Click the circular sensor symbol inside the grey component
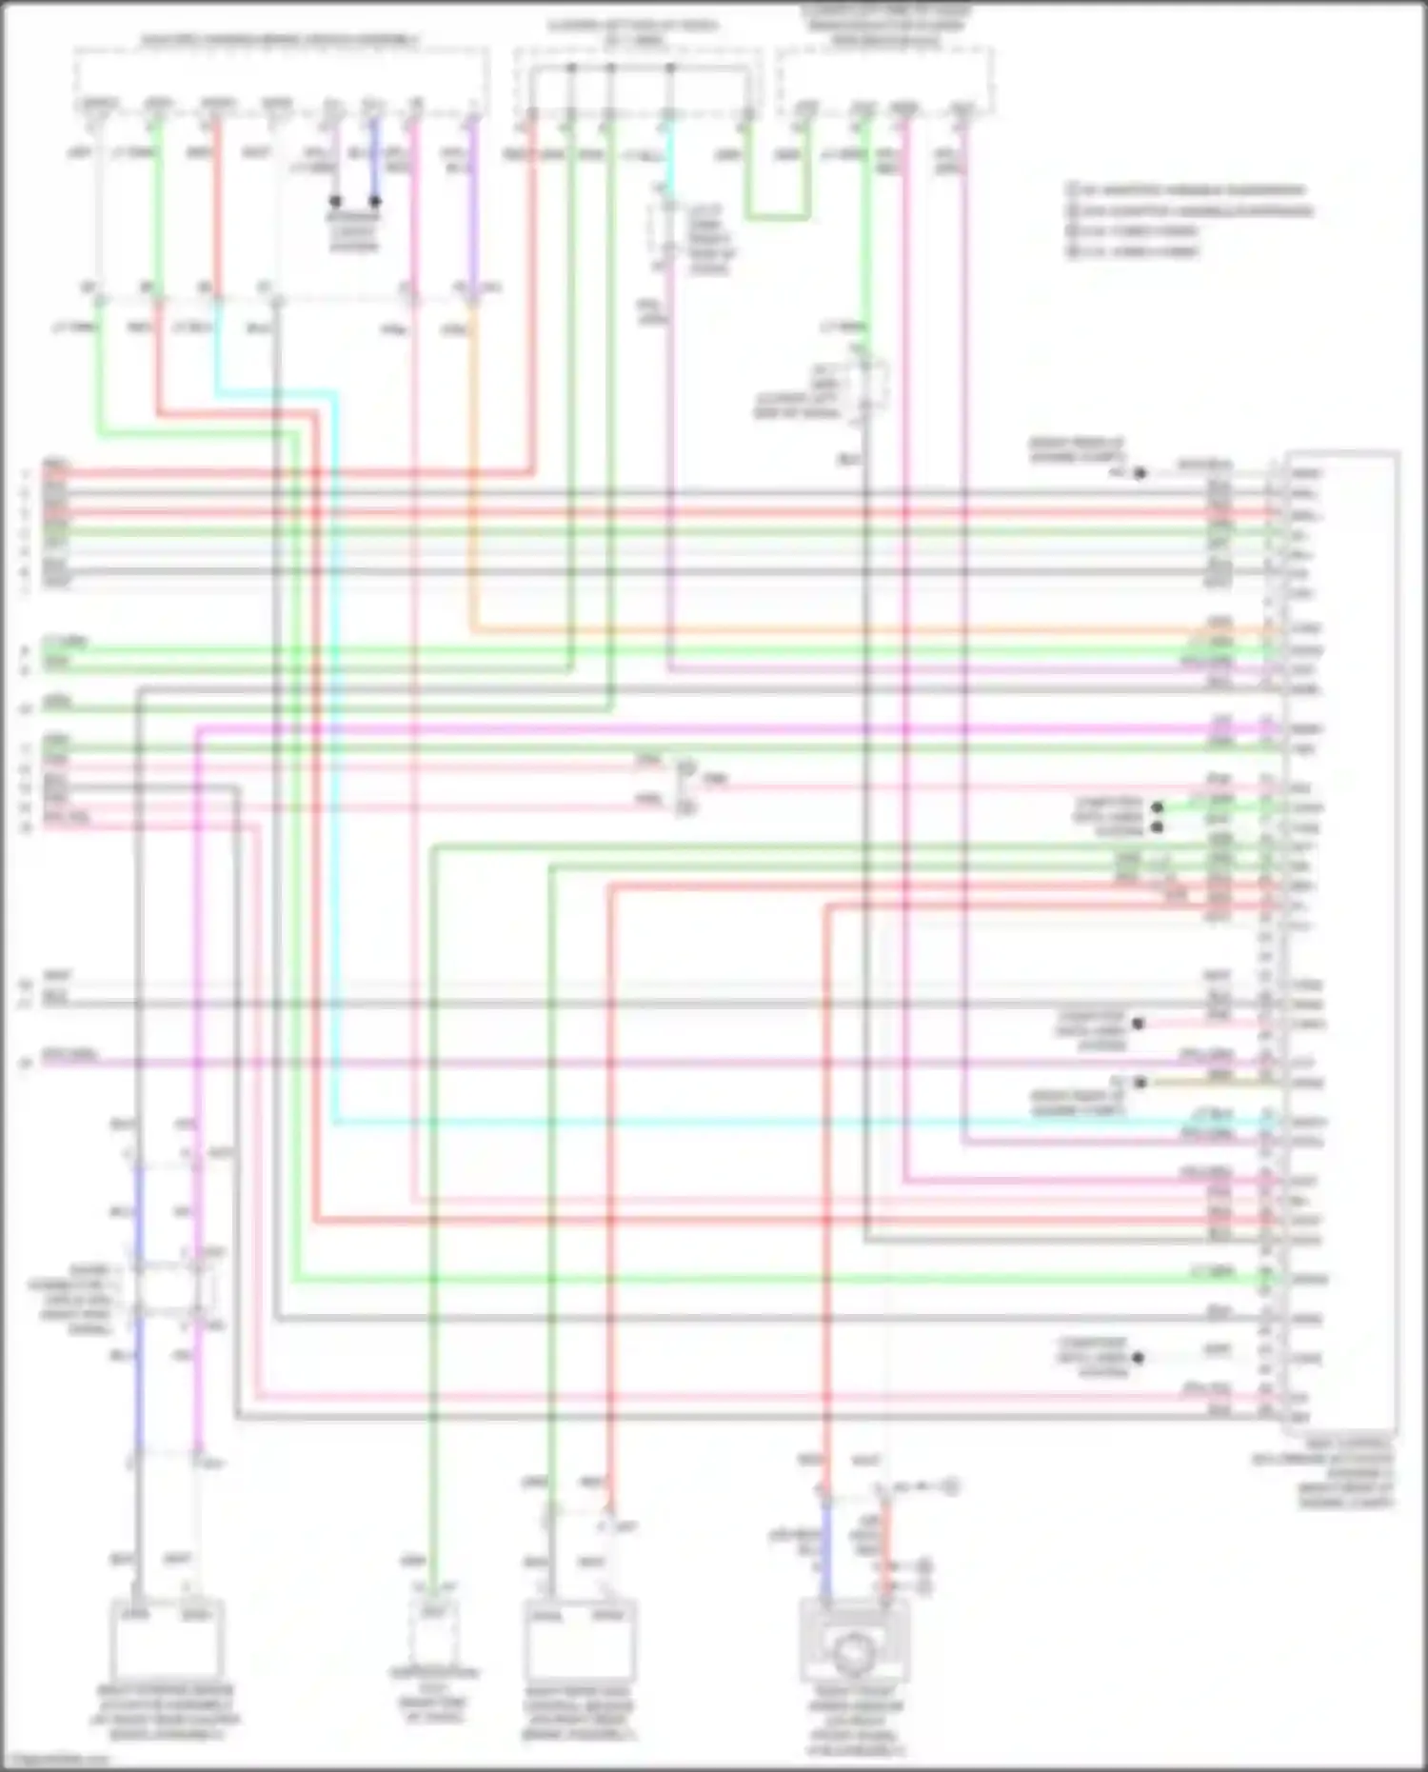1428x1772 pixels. click(853, 1654)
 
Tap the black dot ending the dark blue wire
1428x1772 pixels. click(375, 202)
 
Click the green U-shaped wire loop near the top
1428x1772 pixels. click(777, 218)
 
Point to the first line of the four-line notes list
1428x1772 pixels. click(1190, 190)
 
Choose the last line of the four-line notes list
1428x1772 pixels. click(1139, 252)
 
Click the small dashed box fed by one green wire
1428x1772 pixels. click(433, 1630)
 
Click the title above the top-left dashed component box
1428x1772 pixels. click(281, 41)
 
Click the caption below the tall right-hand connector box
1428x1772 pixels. click(1344, 1481)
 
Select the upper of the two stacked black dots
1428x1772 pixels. click(1158, 807)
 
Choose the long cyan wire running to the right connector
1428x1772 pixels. click(762, 1122)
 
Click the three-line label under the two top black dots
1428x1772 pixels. click(354, 231)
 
